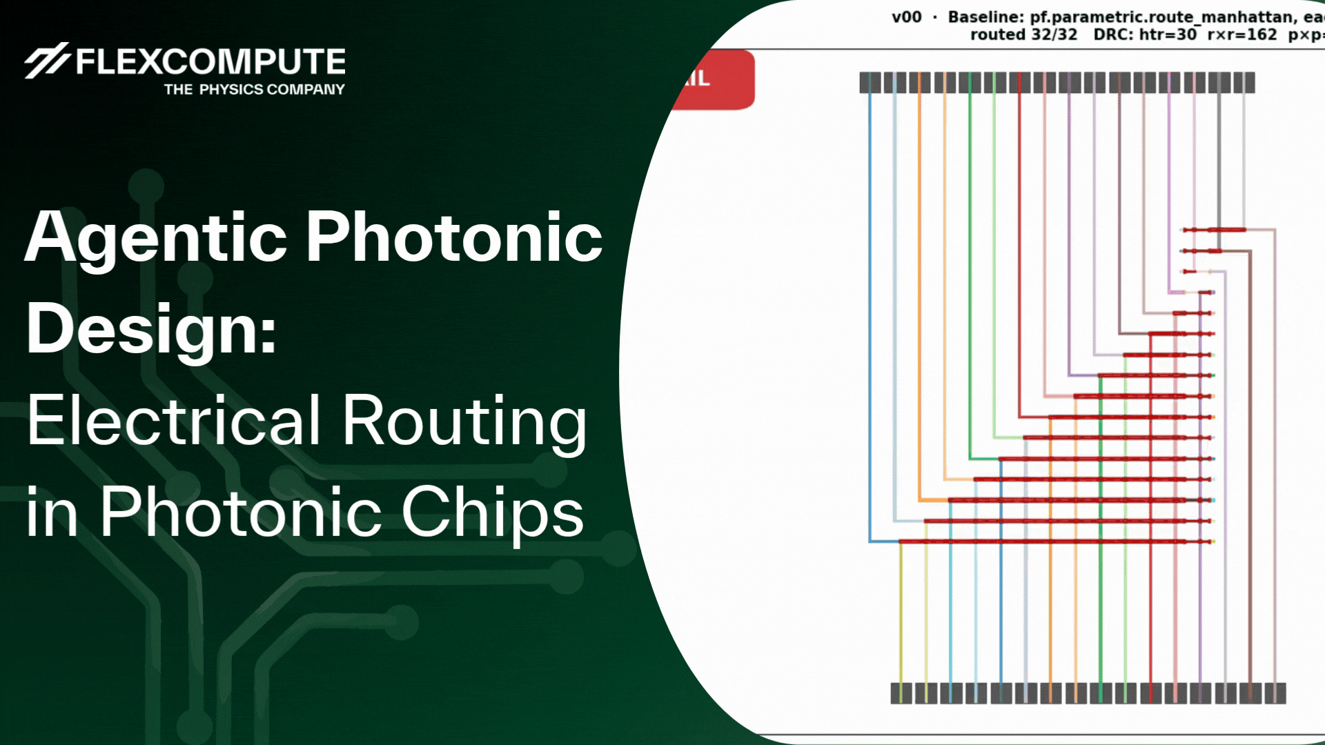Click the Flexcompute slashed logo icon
(x=46, y=61)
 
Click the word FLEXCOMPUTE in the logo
(x=210, y=62)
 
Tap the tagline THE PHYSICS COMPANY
(x=254, y=90)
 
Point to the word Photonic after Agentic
(x=454, y=238)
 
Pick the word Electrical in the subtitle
(x=174, y=421)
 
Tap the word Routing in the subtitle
(x=464, y=421)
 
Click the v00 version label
(x=906, y=17)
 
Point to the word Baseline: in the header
(x=986, y=17)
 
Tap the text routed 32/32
(x=1023, y=34)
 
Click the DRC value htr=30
(x=1168, y=34)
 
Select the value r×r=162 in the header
(x=1242, y=34)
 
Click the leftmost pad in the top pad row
(x=865, y=83)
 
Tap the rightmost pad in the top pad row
(x=1249, y=83)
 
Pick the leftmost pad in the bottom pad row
(x=896, y=693)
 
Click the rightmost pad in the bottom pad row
(x=1280, y=693)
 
